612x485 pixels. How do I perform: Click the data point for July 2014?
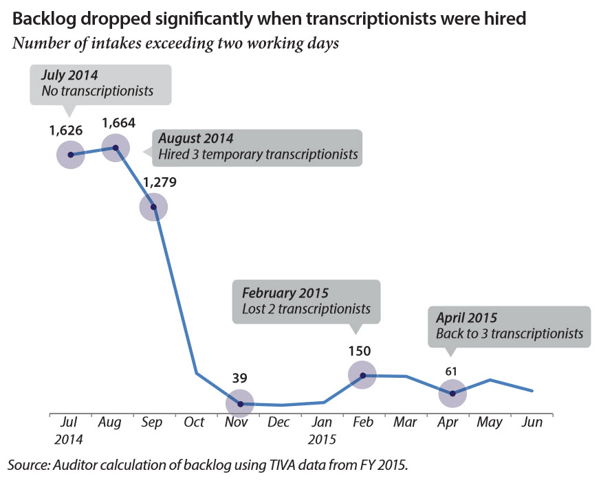coord(70,154)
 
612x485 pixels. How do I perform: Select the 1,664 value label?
coord(118,124)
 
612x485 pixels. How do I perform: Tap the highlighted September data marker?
coord(153,206)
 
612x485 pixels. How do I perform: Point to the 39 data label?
coord(239,378)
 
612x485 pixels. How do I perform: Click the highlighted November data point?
coord(240,403)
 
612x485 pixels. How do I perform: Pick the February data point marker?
coord(362,375)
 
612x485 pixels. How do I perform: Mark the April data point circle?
coord(452,393)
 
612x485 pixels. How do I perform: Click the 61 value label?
coord(452,372)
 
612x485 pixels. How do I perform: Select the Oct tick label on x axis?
coord(195,422)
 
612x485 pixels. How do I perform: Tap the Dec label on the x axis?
coord(279,422)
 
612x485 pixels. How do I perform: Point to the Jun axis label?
coord(532,422)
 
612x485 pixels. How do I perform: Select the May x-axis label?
coord(490,422)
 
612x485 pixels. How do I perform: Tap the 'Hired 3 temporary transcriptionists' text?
coord(258,155)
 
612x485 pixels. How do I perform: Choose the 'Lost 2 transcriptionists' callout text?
coord(306,309)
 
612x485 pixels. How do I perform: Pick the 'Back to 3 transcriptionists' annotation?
coord(510,335)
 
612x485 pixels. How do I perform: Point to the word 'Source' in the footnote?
coord(25,465)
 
